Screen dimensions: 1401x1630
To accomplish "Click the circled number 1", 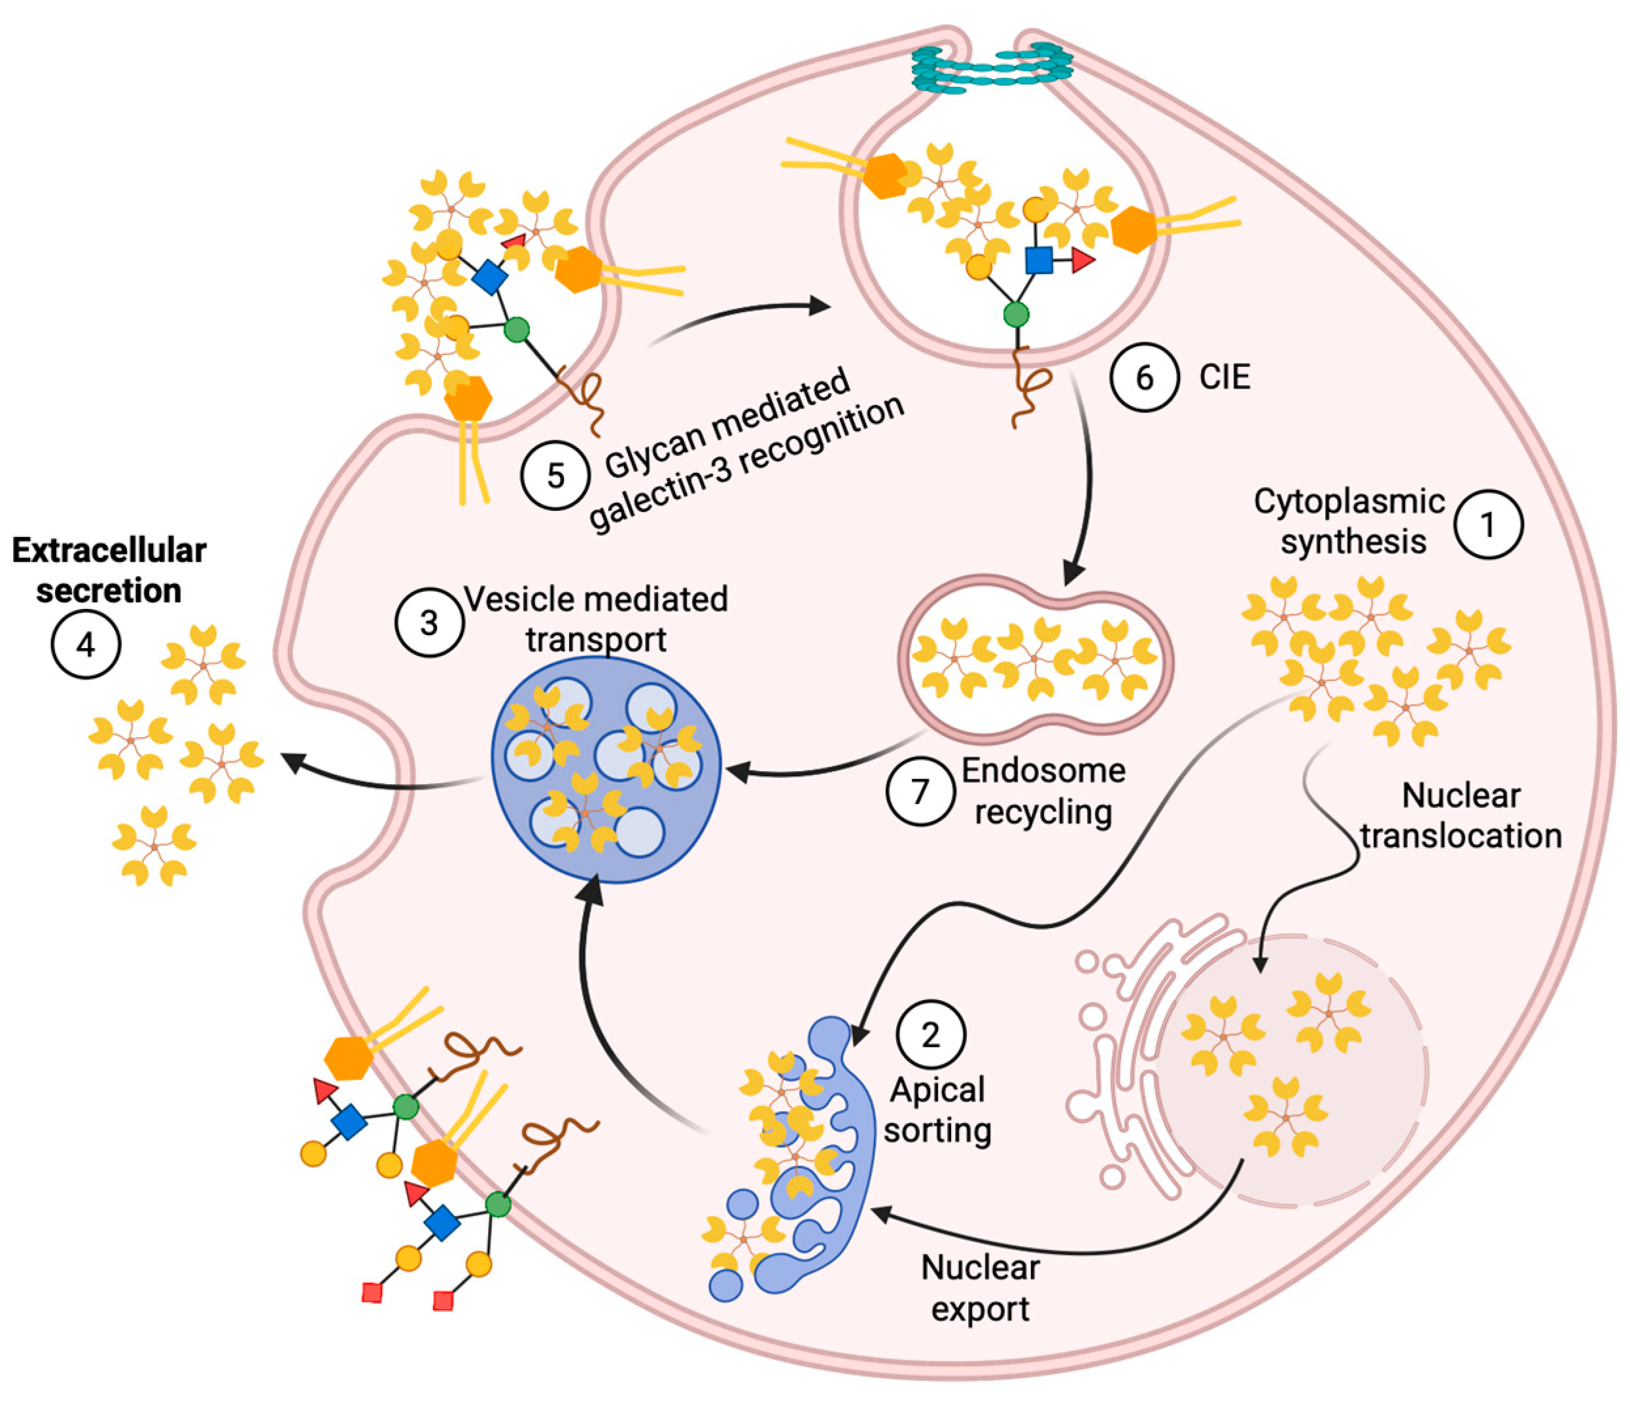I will [x=1487, y=525].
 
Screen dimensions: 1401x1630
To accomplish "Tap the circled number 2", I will [x=931, y=1035].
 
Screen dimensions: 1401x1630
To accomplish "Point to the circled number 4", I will [x=86, y=645].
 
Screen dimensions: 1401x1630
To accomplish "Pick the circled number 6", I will [x=1145, y=377].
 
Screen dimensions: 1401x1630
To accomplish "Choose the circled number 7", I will [x=920, y=791].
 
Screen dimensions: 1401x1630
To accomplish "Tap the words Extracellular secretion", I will [x=109, y=571].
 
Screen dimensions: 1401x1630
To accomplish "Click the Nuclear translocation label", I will [x=1461, y=816].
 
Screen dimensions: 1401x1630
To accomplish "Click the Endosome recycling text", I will [x=1043, y=791].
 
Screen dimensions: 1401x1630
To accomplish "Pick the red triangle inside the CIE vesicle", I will [x=1083, y=261].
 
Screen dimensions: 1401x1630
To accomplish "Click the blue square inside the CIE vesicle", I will [x=1039, y=260].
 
